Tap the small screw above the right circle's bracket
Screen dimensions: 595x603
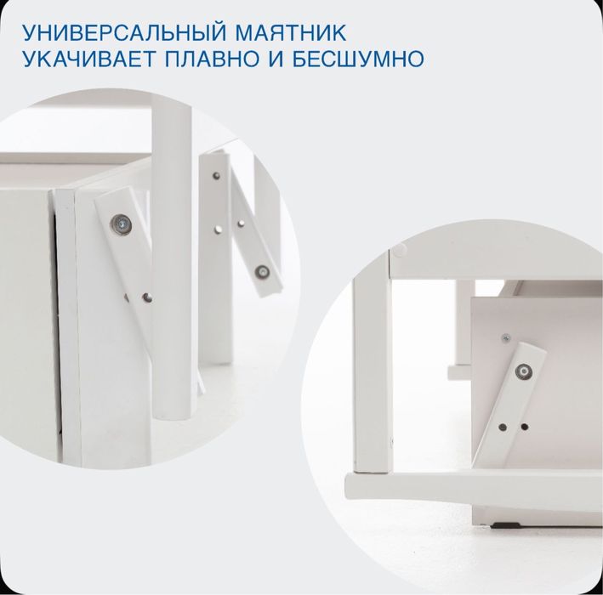(x=505, y=337)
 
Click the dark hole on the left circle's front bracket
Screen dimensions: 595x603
(x=148, y=298)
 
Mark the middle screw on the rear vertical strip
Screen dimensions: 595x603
(x=223, y=228)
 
